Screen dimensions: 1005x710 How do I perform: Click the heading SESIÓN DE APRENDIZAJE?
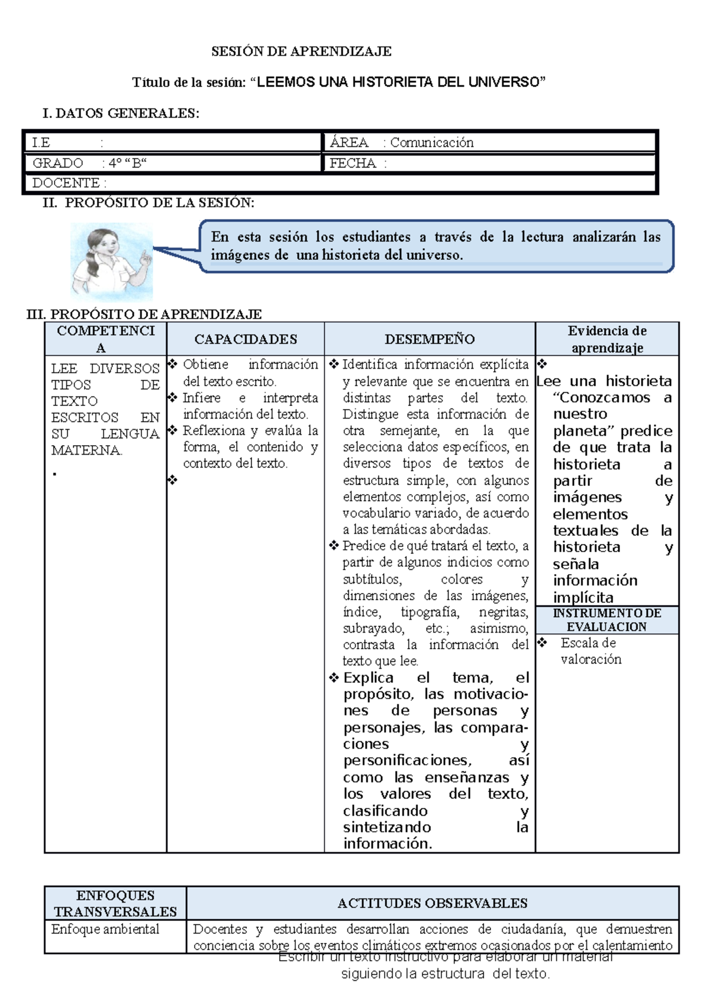point(301,51)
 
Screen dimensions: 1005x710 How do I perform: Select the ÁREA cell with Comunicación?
point(431,143)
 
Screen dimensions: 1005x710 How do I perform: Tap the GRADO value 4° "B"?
point(127,163)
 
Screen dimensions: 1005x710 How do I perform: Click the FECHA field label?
point(353,163)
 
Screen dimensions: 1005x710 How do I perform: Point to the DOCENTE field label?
point(66,183)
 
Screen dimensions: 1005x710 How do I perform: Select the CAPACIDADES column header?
point(246,339)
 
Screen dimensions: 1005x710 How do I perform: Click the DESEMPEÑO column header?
point(430,339)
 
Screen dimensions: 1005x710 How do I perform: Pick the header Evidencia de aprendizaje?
point(607,339)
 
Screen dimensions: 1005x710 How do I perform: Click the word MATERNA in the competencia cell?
point(86,450)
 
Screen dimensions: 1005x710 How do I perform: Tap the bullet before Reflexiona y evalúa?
point(173,430)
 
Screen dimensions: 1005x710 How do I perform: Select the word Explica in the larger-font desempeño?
point(368,678)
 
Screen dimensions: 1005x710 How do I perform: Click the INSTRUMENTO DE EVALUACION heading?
point(607,620)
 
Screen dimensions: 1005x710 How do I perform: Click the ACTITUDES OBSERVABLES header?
point(432,903)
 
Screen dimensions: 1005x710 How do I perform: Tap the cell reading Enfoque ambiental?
point(105,929)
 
